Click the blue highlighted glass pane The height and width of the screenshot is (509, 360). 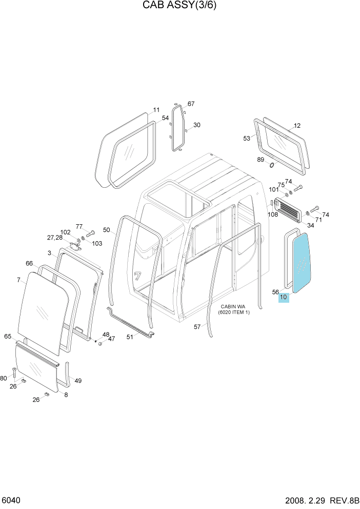pyautogui.click(x=302, y=262)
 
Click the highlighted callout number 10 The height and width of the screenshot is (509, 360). pyautogui.click(x=284, y=297)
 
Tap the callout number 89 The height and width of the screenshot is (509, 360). pyautogui.click(x=261, y=160)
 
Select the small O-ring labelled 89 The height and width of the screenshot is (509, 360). pyautogui.click(x=272, y=166)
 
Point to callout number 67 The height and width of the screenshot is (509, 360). pyautogui.click(x=191, y=104)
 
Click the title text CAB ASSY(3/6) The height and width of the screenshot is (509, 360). pyautogui.click(x=179, y=5)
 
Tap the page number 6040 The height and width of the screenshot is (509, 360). pyautogui.click(x=11, y=500)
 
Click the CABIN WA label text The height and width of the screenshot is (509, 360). pyautogui.click(x=233, y=306)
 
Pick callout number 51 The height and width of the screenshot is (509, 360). pyautogui.click(x=130, y=337)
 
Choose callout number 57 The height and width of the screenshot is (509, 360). pyautogui.click(x=197, y=327)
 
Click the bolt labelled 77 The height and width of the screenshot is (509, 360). pyautogui.click(x=90, y=233)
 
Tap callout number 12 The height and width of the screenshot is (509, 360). pyautogui.click(x=297, y=126)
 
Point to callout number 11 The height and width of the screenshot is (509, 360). pyautogui.click(x=156, y=110)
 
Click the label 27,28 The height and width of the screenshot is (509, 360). pyautogui.click(x=55, y=238)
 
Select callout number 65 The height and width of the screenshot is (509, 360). pyautogui.click(x=8, y=336)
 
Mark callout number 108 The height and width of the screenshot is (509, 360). pyautogui.click(x=273, y=214)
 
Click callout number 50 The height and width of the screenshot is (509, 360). pyautogui.click(x=107, y=230)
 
